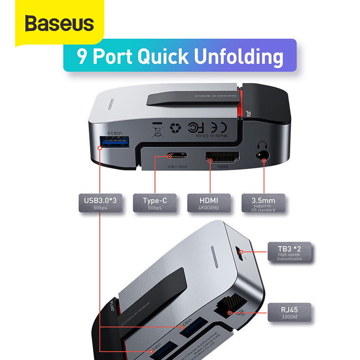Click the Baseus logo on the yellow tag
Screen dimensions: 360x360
59,23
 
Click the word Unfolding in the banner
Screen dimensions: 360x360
233,57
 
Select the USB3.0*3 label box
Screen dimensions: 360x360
100,203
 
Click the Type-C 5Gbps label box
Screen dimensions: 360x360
154,203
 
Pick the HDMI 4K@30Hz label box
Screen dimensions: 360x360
208,203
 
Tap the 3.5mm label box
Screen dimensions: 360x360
263,203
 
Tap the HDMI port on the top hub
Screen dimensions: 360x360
222,157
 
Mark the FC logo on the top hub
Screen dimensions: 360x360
194,129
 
